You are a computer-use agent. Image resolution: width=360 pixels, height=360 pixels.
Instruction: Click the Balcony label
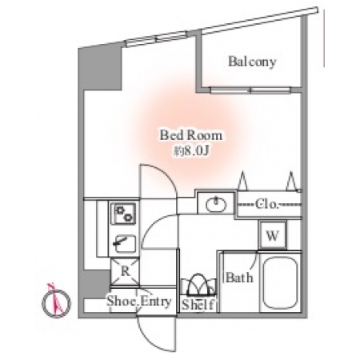(x=252, y=62)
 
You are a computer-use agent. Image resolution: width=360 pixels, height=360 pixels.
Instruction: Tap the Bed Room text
(x=190, y=135)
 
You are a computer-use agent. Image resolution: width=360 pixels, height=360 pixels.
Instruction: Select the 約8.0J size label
(x=190, y=151)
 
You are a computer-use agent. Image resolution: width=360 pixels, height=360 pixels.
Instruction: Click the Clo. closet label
(x=267, y=205)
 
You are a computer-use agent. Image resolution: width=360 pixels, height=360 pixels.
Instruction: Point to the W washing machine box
(x=273, y=235)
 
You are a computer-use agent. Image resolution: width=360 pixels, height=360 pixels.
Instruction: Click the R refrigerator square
(x=125, y=271)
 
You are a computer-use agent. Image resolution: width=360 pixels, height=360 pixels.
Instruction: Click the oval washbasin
(x=216, y=204)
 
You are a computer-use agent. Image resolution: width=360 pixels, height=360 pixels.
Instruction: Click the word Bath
(x=239, y=278)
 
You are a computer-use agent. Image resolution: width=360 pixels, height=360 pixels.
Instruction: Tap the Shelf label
(x=198, y=305)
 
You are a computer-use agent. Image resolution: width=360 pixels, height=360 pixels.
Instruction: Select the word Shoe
(x=122, y=301)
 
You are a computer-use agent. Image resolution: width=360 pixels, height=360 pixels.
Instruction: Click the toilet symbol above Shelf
(x=198, y=284)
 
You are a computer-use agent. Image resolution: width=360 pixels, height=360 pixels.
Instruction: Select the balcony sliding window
(x=250, y=90)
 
